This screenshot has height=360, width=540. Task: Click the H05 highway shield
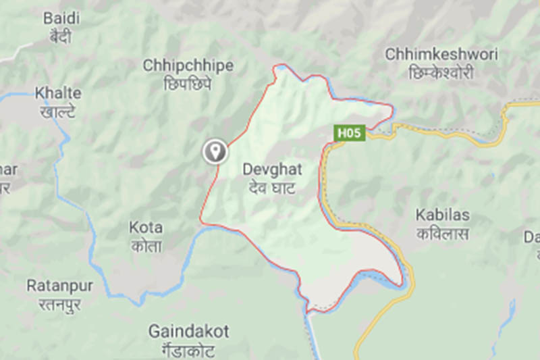(x=349, y=134)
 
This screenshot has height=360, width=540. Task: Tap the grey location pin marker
(x=215, y=151)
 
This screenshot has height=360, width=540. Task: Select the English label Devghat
(x=272, y=170)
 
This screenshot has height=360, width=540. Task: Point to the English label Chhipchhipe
(x=188, y=66)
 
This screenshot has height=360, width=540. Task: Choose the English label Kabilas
(x=442, y=215)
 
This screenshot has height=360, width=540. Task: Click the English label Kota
(x=145, y=228)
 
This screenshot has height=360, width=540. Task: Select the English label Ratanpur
(x=59, y=286)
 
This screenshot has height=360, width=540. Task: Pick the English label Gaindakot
(x=188, y=332)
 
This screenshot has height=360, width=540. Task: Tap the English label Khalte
(x=58, y=93)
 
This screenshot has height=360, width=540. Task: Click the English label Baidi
(x=61, y=18)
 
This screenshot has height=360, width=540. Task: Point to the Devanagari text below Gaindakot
(x=188, y=349)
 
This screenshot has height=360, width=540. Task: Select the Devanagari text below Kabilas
(x=443, y=234)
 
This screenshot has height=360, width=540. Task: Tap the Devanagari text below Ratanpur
(x=59, y=304)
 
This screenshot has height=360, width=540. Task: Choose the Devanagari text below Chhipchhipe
(x=188, y=83)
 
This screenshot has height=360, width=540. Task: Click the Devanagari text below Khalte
(x=58, y=111)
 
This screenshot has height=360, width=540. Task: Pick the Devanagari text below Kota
(x=145, y=247)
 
